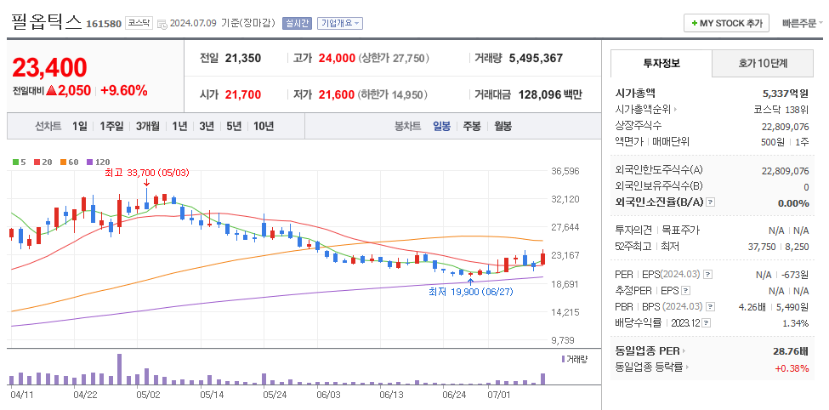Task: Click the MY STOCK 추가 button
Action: click(x=727, y=24)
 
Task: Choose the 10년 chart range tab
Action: click(x=264, y=126)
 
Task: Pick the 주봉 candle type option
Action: click(x=472, y=126)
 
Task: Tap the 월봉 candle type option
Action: click(x=503, y=126)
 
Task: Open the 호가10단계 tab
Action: click(x=762, y=63)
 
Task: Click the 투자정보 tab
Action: click(x=661, y=63)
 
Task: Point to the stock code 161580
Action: click(x=104, y=24)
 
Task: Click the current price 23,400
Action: click(x=49, y=67)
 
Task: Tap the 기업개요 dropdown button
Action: click(x=339, y=24)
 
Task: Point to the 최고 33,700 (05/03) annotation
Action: click(x=146, y=173)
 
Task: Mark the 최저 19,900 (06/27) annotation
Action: click(x=470, y=291)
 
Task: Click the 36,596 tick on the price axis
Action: click(x=565, y=171)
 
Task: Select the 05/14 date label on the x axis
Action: click(x=211, y=395)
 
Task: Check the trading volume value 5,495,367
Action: click(x=536, y=59)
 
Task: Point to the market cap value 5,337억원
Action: click(x=786, y=93)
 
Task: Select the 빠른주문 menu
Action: click(x=798, y=24)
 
